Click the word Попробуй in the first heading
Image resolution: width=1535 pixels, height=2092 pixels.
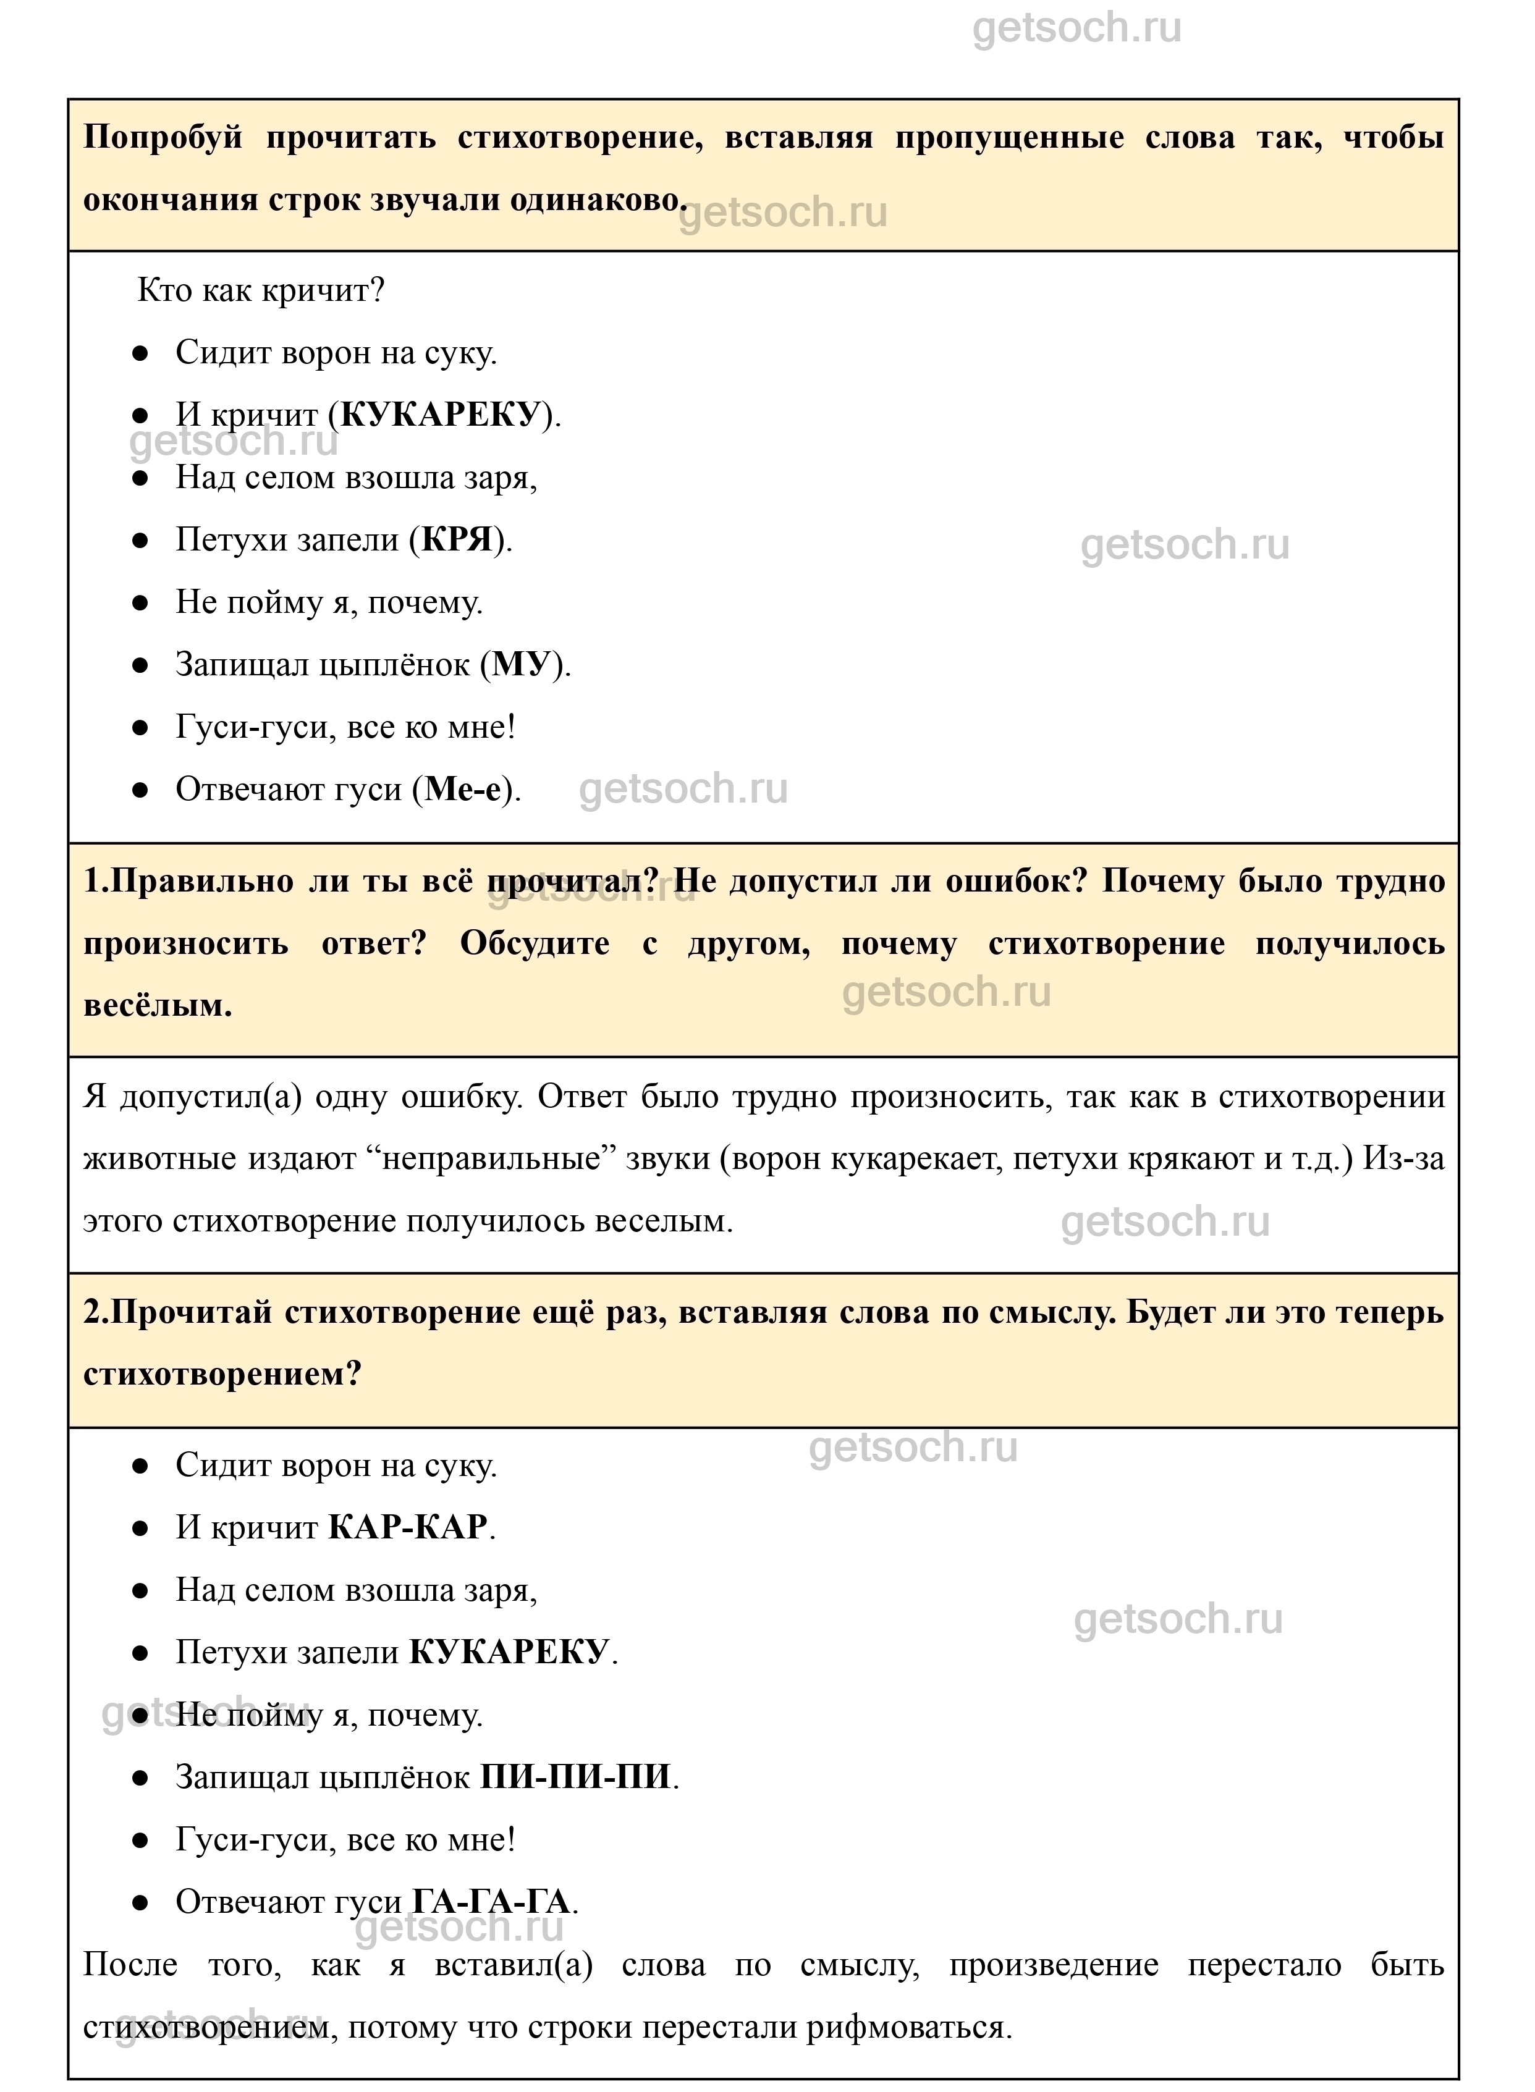[x=163, y=138]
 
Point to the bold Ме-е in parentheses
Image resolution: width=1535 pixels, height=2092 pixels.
[x=468, y=789]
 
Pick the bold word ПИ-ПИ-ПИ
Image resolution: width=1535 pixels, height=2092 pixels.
[x=575, y=1776]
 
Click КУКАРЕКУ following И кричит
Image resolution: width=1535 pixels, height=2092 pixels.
[x=441, y=415]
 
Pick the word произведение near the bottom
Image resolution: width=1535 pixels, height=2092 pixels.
[x=1054, y=1964]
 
